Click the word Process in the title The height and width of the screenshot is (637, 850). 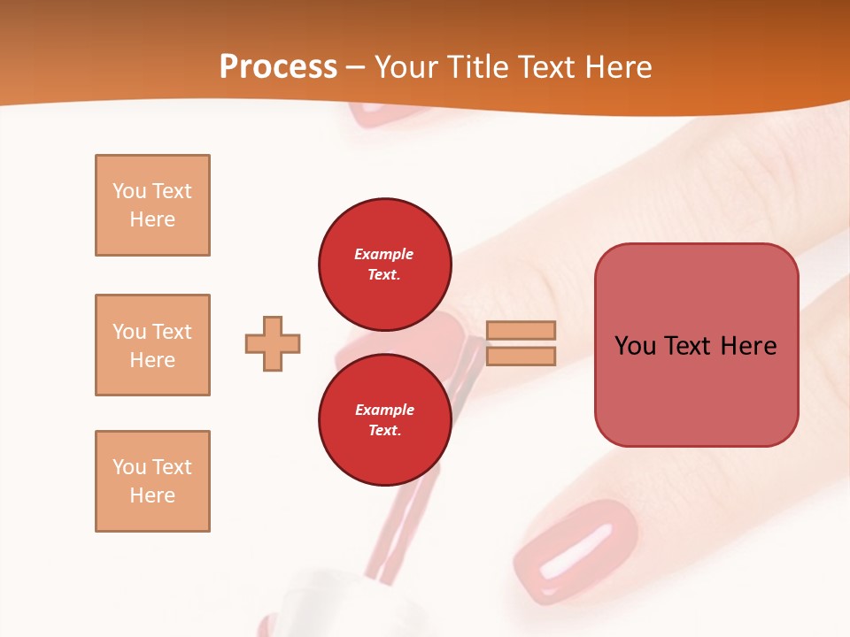coord(278,67)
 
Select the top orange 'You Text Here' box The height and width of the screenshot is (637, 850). coord(152,205)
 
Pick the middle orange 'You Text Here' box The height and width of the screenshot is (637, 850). coord(152,345)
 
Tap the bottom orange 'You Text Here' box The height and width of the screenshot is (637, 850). coord(152,481)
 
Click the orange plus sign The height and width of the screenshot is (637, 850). coord(273,343)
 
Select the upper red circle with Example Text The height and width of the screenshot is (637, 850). coord(384,264)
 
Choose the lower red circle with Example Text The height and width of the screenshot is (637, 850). coord(384,419)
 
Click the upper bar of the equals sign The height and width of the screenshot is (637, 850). coord(521,331)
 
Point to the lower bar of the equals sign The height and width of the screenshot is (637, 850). coord(521,356)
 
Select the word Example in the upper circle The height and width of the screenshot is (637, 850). coord(384,254)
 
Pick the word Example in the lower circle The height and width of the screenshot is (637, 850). coord(384,410)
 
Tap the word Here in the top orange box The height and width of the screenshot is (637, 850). coord(152,219)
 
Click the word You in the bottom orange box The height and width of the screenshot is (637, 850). coord(128,467)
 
